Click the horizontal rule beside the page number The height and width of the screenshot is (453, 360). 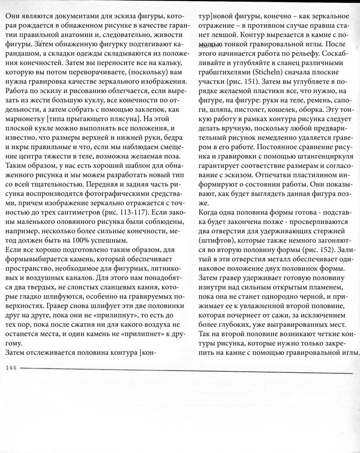189,368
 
